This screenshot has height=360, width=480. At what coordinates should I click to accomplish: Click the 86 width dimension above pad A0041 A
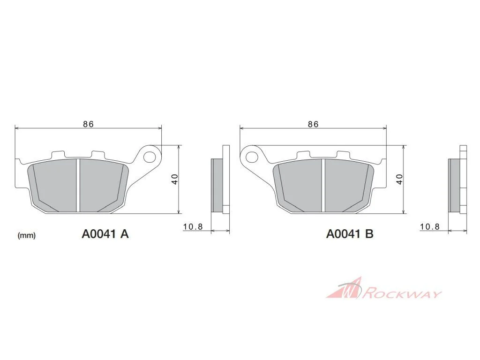coord(88,124)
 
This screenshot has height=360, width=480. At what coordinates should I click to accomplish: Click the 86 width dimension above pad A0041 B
coord(313,124)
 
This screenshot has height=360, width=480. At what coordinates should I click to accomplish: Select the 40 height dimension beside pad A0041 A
coord(175,179)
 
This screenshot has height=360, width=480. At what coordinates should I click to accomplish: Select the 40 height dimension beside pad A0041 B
coord(400,179)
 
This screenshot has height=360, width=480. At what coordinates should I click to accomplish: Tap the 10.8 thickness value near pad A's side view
coord(193,227)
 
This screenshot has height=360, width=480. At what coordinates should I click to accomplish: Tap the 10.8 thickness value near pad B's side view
coord(429,227)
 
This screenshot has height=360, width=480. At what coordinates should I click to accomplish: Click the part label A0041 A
coord(105,234)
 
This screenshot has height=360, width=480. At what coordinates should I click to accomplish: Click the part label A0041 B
coord(350,234)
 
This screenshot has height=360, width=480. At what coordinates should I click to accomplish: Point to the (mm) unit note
coord(27,235)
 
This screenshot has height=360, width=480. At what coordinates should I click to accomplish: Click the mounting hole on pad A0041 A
coord(150,157)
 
